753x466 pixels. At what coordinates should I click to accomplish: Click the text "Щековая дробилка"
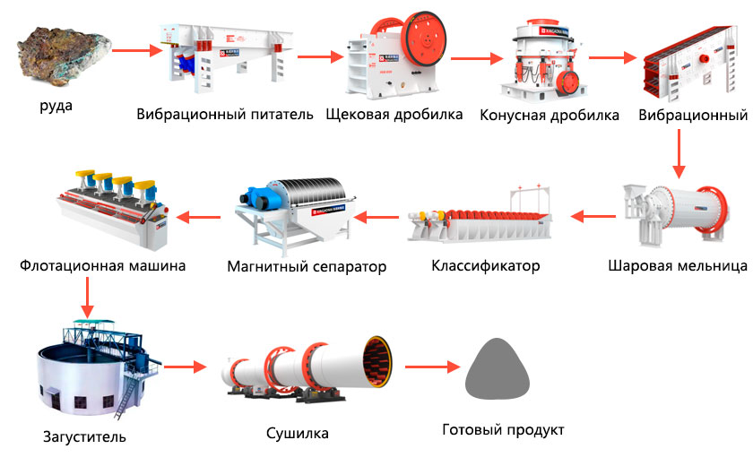point(394,115)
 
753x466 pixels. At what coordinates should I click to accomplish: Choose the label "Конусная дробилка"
point(550,116)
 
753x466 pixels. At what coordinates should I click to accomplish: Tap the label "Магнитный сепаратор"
point(307,266)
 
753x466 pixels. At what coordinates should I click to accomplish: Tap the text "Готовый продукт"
point(504,430)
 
